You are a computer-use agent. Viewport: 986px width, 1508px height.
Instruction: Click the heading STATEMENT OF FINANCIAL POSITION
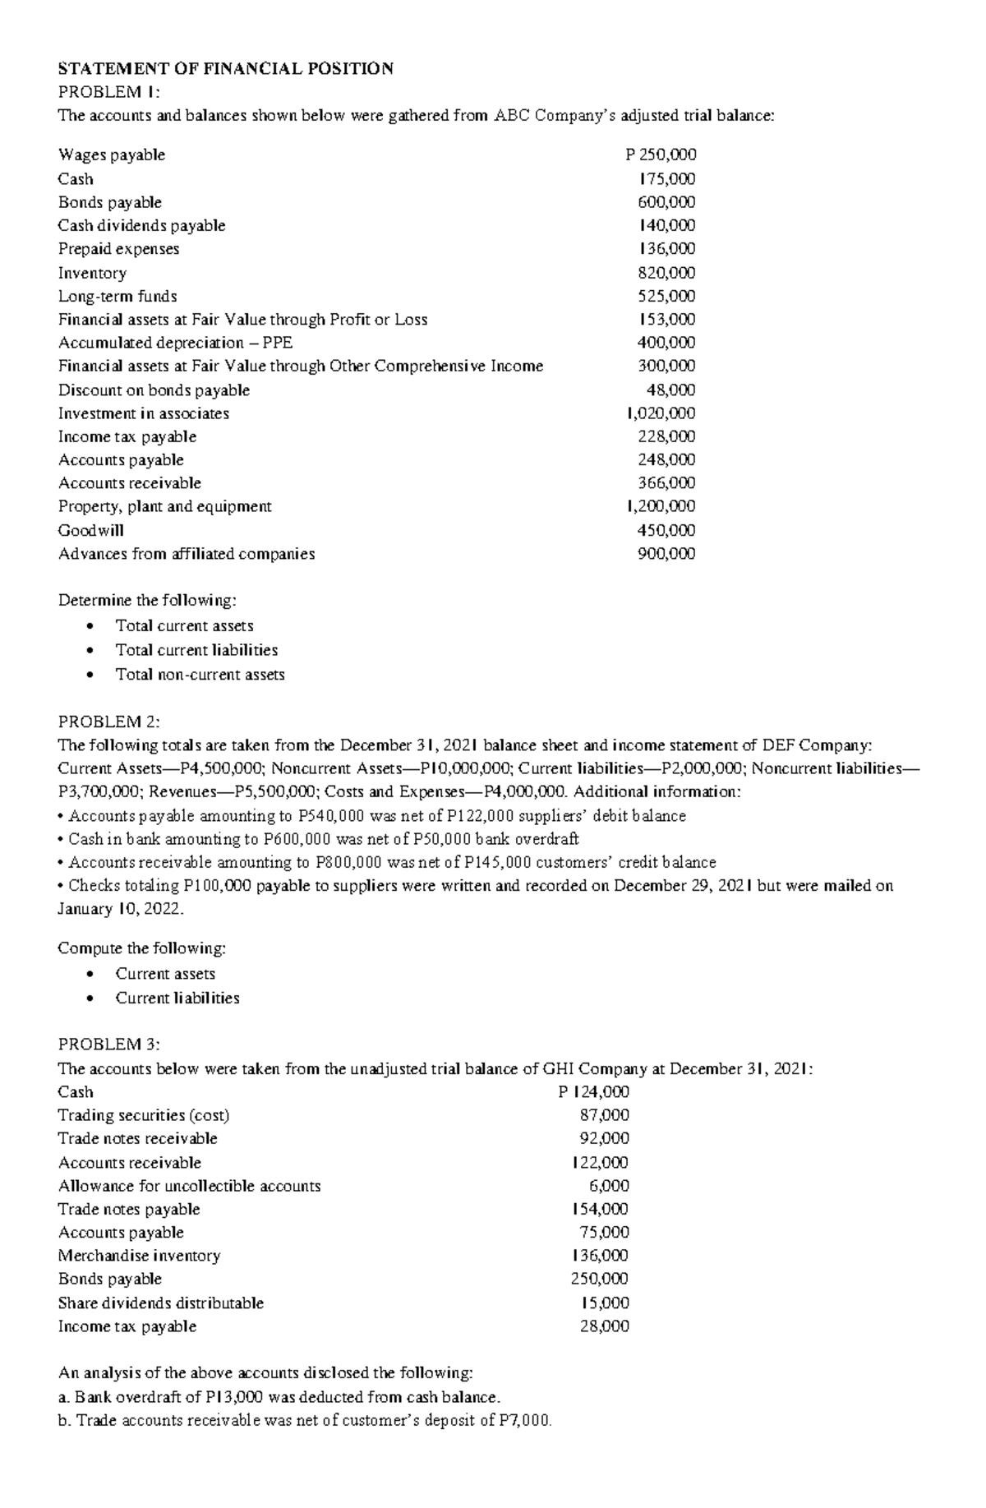coord(225,68)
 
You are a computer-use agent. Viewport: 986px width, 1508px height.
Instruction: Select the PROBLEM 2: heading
coord(109,722)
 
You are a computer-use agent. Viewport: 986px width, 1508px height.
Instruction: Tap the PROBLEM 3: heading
coord(109,1045)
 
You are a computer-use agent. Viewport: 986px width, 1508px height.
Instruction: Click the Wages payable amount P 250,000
coord(661,154)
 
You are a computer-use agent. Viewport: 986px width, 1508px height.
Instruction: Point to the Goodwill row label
coord(90,530)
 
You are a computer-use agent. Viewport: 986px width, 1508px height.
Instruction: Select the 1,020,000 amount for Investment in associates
coord(661,413)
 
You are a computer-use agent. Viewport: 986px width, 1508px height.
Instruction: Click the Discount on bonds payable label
coord(154,390)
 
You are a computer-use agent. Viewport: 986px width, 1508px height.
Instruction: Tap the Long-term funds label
coord(117,296)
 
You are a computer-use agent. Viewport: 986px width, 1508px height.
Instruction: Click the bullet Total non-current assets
coord(200,675)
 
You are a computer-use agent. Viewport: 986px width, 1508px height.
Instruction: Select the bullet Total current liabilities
coord(196,650)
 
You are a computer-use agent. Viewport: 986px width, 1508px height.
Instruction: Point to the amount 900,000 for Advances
coord(666,554)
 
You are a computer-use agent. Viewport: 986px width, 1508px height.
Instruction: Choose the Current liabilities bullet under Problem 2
coord(177,998)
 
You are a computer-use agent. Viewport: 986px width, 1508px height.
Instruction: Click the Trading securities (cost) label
coord(143,1115)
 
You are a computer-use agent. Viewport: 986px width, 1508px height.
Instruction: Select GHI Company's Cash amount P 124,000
coord(593,1092)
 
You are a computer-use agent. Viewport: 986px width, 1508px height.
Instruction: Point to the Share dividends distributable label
coord(161,1303)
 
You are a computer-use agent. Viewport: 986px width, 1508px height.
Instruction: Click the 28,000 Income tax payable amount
coord(605,1326)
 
